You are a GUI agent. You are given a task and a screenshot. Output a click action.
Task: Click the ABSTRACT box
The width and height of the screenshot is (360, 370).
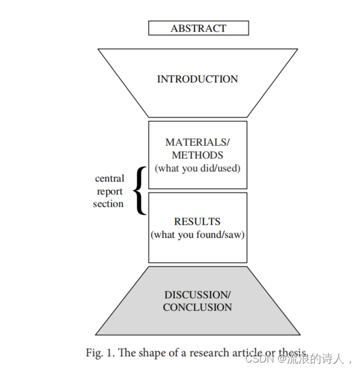tap(198, 28)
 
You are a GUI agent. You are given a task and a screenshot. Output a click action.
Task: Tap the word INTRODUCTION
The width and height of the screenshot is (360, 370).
tap(197, 80)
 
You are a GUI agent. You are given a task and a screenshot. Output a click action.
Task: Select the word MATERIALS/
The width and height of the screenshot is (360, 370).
tap(197, 142)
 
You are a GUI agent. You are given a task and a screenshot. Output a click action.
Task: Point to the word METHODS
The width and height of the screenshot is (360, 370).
tap(197, 155)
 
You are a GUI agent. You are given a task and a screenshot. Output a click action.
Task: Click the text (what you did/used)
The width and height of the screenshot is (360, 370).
tap(197, 168)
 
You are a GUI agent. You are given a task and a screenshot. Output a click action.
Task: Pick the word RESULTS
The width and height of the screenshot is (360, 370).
tap(197, 222)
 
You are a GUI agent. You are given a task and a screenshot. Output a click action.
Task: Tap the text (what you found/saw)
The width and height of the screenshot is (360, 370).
tap(197, 235)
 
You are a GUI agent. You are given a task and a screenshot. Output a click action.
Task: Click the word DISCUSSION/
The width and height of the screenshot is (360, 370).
tap(197, 295)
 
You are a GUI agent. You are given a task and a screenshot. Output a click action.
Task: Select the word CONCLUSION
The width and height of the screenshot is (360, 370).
tap(197, 307)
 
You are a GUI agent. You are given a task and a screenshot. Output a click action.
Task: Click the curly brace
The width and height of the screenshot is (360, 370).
tap(138, 190)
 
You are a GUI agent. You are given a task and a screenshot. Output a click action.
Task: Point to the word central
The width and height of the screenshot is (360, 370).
tap(110, 179)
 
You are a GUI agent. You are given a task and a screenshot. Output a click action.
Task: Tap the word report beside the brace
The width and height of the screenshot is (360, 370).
tap(110, 191)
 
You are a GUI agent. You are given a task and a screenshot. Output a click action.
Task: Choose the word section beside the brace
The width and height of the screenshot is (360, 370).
tap(108, 204)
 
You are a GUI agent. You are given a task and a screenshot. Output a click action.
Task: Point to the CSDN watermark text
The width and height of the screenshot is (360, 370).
tap(258, 359)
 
